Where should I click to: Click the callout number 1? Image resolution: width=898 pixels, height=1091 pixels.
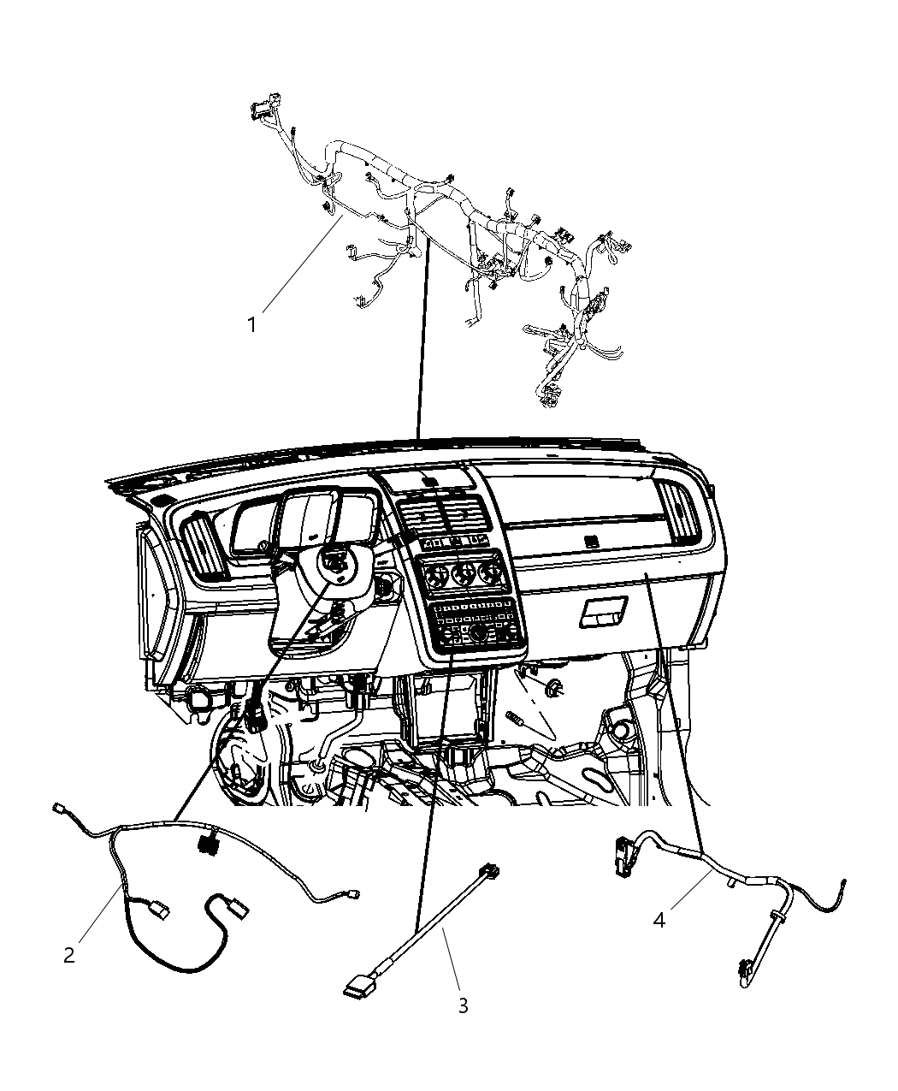click(251, 325)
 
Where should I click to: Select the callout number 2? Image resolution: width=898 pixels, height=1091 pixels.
click(69, 955)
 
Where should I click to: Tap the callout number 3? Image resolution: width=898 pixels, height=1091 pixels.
click(463, 1006)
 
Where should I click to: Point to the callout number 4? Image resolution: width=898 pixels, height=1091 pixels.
click(659, 920)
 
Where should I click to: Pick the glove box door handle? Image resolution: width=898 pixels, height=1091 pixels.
click(605, 612)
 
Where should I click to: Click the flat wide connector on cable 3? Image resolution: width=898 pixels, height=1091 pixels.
click(358, 989)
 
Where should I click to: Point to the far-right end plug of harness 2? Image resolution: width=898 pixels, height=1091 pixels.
click(352, 895)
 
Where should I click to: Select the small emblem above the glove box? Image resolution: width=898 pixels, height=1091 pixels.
click(588, 540)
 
